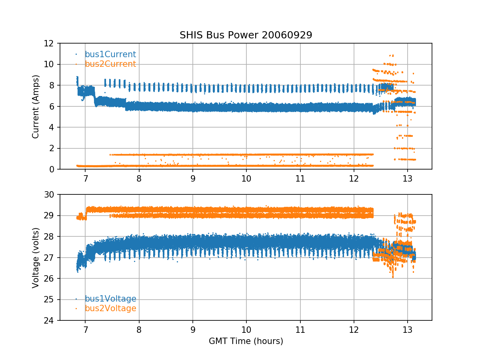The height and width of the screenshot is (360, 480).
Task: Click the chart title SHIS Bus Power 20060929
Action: (246, 35)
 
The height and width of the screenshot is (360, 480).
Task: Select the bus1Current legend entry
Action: (110, 54)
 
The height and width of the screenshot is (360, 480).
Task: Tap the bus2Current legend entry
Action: (110, 64)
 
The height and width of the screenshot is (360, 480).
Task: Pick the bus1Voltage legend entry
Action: (110, 299)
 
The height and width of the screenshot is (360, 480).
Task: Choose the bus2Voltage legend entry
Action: (110, 308)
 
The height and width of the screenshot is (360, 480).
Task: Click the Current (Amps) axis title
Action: (36, 106)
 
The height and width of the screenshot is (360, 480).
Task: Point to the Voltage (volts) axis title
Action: (36, 257)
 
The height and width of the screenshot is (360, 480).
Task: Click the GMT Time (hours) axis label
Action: (246, 341)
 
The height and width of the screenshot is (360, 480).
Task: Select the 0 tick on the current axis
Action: (52, 169)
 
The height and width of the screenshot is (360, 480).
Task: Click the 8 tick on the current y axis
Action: (52, 85)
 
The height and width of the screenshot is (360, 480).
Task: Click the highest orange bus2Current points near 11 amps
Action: (392, 55)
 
